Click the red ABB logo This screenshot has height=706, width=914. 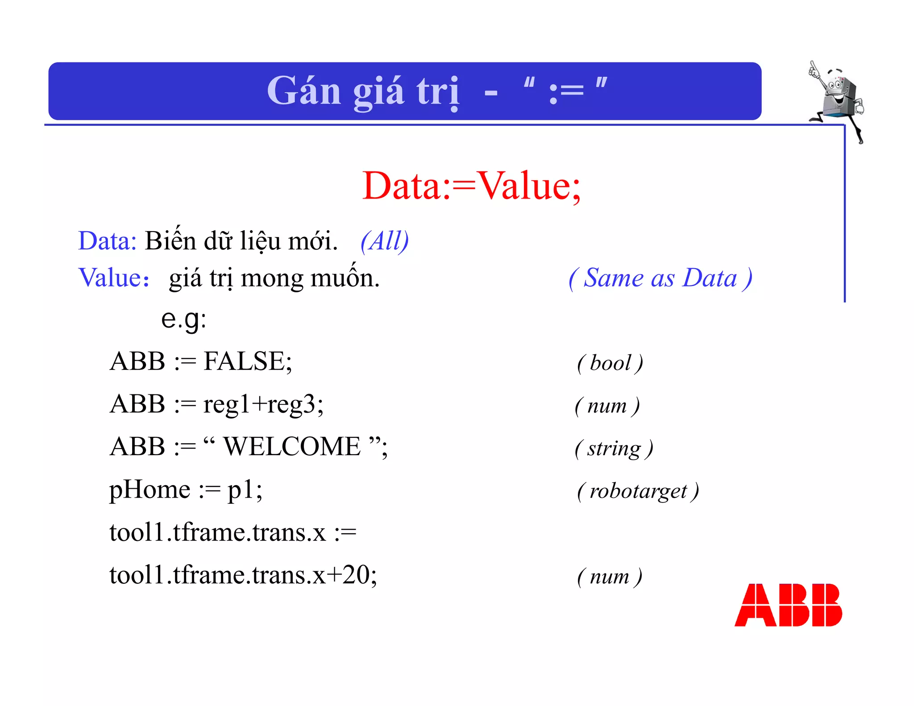pos(788,605)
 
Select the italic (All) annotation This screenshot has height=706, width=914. pos(385,241)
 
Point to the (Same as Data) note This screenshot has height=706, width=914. pos(661,278)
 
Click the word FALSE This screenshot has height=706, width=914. pos(248,361)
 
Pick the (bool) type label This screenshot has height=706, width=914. pos(610,363)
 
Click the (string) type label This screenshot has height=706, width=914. pos(614,449)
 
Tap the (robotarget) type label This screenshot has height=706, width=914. pos(638,491)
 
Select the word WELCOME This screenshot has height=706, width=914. pos(292,446)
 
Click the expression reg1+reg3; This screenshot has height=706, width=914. pos(263,404)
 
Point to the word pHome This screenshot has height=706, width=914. pos(150,490)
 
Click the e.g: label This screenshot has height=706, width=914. pos(184,319)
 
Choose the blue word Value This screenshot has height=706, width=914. pos(110,278)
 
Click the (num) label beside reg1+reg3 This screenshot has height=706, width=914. pos(607,406)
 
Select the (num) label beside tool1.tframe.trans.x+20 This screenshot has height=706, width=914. pos(610,577)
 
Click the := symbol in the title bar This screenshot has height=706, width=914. pos(566,91)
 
